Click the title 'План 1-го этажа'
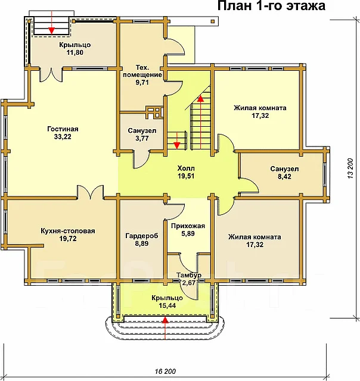271,6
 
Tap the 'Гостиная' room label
63,129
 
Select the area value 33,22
63,136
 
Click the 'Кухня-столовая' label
68,231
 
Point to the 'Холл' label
186,168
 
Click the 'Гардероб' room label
142,236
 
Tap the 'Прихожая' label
188,226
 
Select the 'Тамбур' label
189,275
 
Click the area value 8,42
284,176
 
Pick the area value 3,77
142,139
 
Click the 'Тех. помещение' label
142,71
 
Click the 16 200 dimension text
165,371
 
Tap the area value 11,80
75,52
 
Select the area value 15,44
167,305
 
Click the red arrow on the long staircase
200,122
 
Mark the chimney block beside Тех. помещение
154,113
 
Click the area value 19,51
186,176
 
